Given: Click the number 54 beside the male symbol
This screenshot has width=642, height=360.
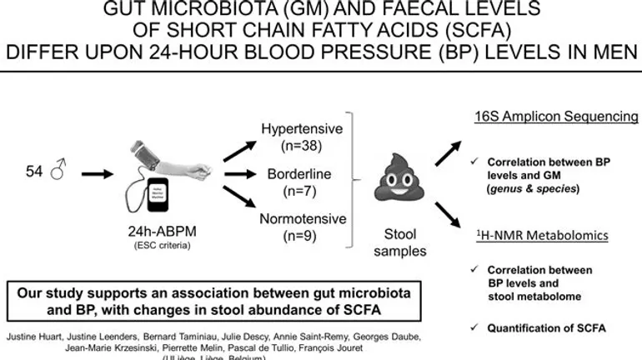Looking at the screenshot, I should pos(34,174).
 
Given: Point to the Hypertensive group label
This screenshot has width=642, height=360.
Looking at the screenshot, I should pos(296,130).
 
